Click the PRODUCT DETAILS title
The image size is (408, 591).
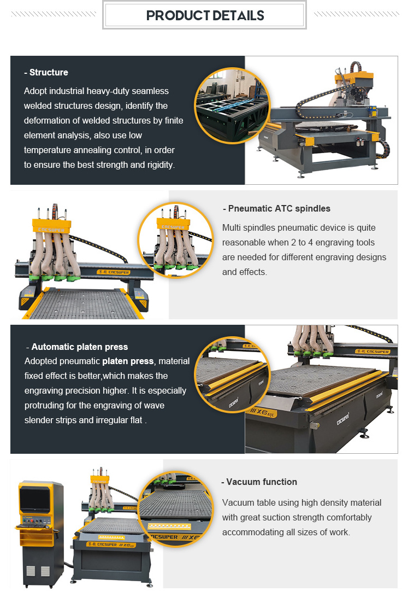[205, 15]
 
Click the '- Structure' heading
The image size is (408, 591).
[46, 72]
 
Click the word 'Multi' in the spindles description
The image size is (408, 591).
[232, 227]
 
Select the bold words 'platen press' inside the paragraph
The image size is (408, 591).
[128, 361]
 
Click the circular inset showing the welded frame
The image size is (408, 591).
[232, 106]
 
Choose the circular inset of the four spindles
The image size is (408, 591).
[176, 240]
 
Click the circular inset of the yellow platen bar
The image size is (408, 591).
[232, 375]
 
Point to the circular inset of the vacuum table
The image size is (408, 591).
[176, 509]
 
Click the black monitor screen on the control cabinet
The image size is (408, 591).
[34, 500]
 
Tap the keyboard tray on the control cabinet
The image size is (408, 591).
[34, 525]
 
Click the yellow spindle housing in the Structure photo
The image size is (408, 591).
[354, 78]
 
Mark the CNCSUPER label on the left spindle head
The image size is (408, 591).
[51, 230]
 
